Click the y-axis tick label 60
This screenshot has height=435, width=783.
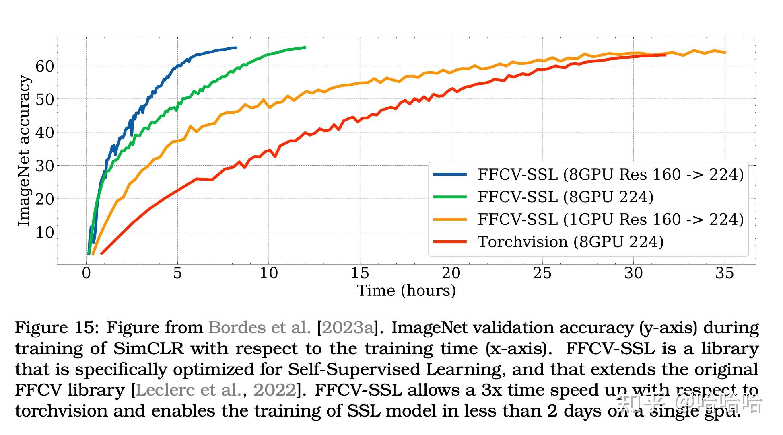click(44, 66)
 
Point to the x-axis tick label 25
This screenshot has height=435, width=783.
click(542, 273)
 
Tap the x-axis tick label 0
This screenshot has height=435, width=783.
click(87, 273)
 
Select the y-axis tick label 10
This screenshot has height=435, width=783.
click(44, 232)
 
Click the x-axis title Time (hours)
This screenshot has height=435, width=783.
click(406, 291)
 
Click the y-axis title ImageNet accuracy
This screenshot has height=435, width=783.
click(24, 151)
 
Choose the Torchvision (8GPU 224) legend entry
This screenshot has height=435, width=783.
click(570, 242)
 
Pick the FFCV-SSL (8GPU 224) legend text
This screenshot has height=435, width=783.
click(565, 197)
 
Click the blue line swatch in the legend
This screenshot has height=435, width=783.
click(450, 174)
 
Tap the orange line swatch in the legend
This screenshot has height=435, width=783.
click(450, 220)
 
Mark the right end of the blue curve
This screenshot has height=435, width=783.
click(236, 48)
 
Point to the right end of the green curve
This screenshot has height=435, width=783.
click(305, 47)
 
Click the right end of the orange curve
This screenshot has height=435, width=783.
click(725, 53)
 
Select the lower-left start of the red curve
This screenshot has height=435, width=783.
click(101, 254)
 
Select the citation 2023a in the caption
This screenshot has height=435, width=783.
click(348, 328)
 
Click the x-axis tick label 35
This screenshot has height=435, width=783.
click(725, 273)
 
